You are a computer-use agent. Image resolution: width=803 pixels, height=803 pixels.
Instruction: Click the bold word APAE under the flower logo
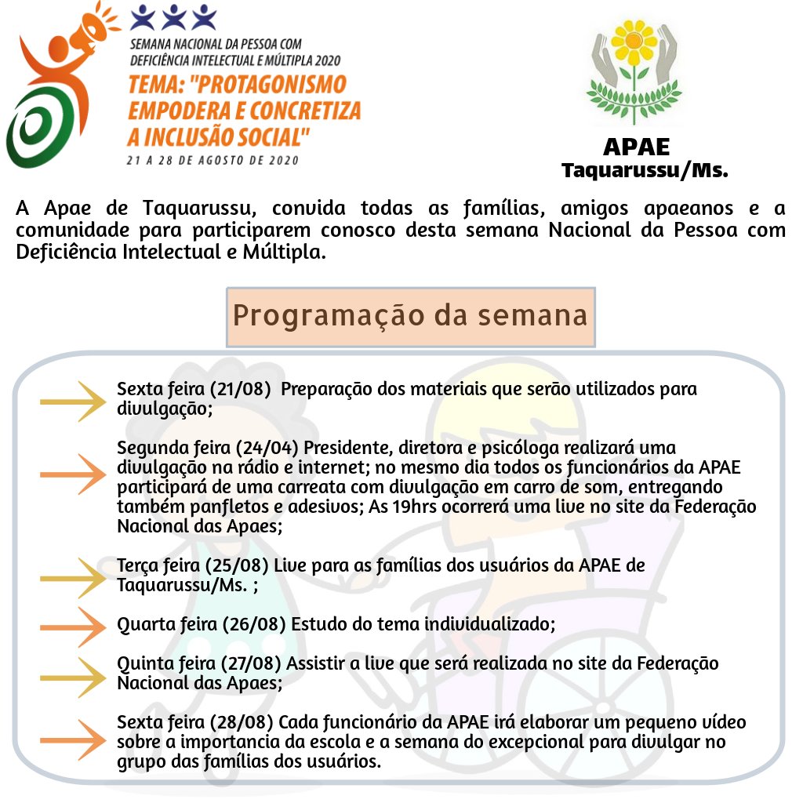click(637, 147)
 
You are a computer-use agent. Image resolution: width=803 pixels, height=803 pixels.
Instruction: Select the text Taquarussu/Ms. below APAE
click(645, 170)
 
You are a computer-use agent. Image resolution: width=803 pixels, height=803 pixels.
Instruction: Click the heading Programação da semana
click(410, 315)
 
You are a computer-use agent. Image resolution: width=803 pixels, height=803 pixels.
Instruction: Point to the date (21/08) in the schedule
click(239, 389)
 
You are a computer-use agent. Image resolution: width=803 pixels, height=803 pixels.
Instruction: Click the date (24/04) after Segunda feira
click(267, 448)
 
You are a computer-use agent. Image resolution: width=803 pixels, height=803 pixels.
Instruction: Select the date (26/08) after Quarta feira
click(254, 624)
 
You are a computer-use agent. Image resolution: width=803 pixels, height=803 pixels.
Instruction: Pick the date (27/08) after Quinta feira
click(251, 663)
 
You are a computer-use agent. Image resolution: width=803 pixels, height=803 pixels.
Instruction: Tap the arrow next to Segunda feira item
click(73, 474)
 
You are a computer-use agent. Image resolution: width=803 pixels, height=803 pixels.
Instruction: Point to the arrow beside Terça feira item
click(73, 578)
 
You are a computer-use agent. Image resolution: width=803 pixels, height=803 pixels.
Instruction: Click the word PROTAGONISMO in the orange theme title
click(268, 85)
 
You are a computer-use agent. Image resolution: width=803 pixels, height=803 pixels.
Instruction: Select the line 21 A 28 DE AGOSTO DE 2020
click(213, 160)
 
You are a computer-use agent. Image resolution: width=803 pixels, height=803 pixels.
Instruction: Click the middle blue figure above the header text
click(173, 17)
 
